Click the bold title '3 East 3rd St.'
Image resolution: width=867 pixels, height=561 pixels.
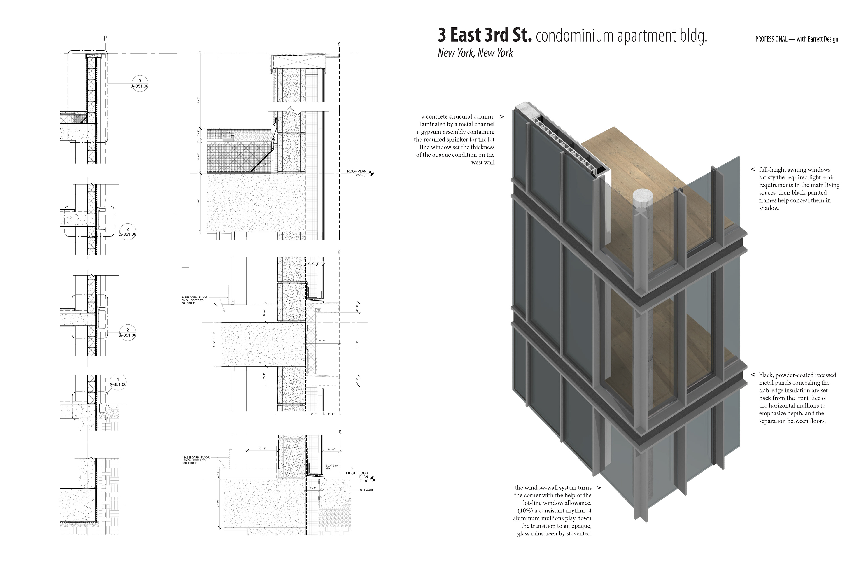[485, 36]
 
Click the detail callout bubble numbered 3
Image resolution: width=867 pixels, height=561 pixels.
[140, 84]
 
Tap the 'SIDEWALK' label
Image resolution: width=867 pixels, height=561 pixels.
[366, 490]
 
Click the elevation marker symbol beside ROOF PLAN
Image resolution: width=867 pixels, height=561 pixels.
[371, 173]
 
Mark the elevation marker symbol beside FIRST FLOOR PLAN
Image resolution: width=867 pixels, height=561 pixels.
[372, 479]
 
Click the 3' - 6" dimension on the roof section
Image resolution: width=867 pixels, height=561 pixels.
[199, 100]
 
